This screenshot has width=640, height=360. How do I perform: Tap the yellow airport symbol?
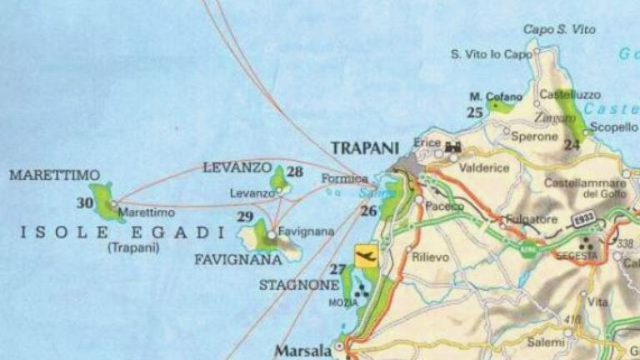click(366, 256)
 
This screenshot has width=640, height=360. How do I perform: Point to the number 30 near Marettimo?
click(85, 202)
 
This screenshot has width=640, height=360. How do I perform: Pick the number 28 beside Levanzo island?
click(294, 172)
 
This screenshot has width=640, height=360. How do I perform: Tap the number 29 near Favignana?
click(245, 217)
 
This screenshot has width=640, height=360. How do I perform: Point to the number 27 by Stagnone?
click(337, 268)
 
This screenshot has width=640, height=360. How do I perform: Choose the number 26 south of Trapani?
click(368, 211)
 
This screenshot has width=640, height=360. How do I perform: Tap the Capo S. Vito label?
click(559, 29)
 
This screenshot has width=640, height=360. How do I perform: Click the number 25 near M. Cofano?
click(476, 112)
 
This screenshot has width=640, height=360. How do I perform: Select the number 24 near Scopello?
click(571, 144)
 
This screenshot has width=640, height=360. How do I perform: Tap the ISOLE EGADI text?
click(121, 231)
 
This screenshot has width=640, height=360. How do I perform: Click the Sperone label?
click(534, 136)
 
